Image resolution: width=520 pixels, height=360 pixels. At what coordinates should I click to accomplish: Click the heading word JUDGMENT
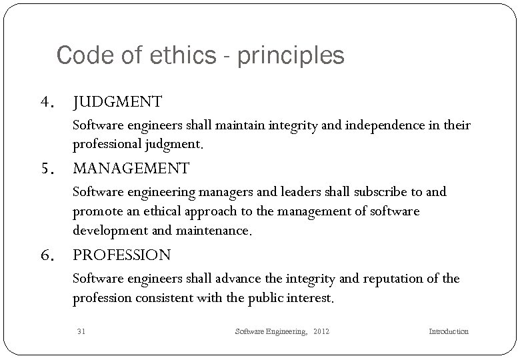pos(117,102)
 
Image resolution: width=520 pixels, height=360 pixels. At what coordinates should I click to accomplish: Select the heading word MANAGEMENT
pos(131,168)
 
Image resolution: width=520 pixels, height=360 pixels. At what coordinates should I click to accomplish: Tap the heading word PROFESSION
pos(121,255)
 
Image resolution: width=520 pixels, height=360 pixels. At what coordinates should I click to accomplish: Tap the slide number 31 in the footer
pos(81,331)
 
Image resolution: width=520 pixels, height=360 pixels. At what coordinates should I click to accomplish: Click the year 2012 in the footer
pos(322,331)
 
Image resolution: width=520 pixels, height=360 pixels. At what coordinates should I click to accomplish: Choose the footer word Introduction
pos(448,331)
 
